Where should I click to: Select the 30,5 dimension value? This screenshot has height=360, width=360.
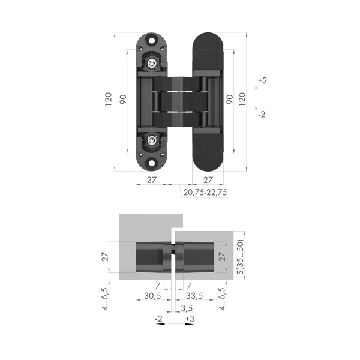[152, 296]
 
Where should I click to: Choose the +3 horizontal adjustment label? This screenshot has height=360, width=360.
[190, 319]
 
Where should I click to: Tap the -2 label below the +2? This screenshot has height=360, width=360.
[262, 115]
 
